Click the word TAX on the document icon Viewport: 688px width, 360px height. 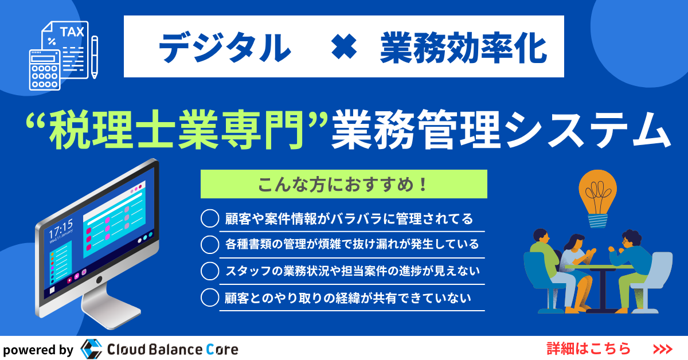click(72, 32)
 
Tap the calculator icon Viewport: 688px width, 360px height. click(45, 70)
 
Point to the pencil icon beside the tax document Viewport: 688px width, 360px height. click(95, 57)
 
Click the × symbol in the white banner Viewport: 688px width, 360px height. click(344, 46)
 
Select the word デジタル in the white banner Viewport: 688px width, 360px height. click(225, 48)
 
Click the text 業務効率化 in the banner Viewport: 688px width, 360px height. click(463, 48)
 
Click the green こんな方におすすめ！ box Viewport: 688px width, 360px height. click(343, 184)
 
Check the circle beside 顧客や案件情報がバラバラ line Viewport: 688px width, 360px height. click(210, 218)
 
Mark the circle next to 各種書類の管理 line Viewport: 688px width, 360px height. click(210, 245)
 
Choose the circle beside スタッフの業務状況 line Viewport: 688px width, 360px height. click(210, 271)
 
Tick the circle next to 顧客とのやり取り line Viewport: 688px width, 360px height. click(210, 298)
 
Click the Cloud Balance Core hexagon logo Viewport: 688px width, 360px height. click(91, 349)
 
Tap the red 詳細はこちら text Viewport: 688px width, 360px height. click(589, 349)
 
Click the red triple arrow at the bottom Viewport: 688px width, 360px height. click(663, 349)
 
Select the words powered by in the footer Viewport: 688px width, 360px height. click(38, 350)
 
